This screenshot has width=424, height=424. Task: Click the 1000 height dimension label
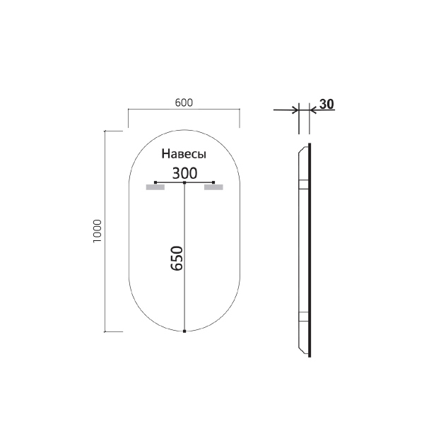coord(98,231)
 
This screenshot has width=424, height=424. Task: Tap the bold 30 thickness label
coord(326,104)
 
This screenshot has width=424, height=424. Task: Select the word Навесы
coord(184,154)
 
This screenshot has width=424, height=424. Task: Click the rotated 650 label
coord(177,258)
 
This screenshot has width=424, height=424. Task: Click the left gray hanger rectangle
coord(155,188)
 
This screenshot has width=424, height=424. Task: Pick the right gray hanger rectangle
coord(213,188)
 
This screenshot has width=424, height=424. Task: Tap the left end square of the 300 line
coord(155,183)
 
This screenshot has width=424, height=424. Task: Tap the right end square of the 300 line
coord(213,183)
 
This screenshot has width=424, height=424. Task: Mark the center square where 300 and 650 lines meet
coord(184,183)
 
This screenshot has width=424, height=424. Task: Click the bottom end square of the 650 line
coord(184,331)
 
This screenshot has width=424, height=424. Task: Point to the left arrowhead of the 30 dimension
coord(294,110)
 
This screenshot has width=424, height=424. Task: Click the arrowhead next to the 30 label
coord(313,110)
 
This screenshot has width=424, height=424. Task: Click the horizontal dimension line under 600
coord(184,110)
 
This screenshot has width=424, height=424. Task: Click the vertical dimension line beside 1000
coord(105,231)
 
